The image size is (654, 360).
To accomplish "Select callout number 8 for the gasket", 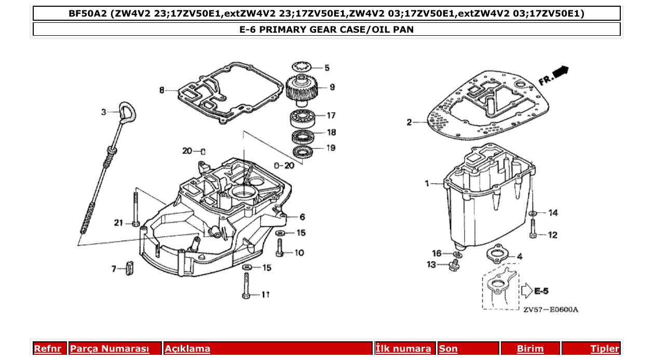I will click(162, 90).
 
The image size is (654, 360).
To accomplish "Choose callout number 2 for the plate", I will click(409, 122).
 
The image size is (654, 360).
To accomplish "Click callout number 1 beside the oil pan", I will click(427, 184).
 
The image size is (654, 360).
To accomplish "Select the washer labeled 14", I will click(533, 213).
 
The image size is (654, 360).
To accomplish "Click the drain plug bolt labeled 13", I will click(453, 265).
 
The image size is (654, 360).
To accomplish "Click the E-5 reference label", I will click(541, 290).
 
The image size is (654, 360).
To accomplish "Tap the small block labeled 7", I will click(130, 269).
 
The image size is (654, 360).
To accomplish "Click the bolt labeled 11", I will click(247, 285).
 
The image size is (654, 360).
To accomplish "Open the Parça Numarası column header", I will click(110, 349).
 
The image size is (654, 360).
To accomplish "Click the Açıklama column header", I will click(187, 349).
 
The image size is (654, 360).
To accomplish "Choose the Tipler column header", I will click(605, 349).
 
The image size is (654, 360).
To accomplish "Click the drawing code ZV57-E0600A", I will click(550, 310).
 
